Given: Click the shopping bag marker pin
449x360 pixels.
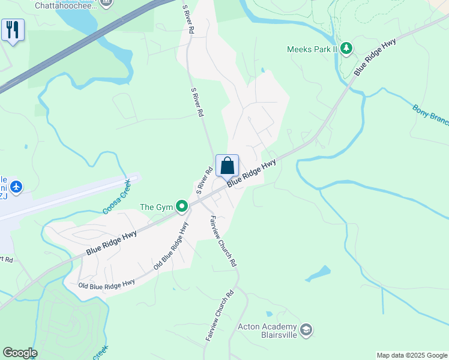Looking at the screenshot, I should pos(228,166).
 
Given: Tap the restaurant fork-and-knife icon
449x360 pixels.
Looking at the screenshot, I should pos(13,29).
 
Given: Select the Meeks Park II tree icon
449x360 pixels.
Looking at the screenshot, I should pos(346,49).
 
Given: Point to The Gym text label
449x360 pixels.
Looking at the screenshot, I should pos(156,207).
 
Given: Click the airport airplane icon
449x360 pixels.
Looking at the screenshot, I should pos(16,187).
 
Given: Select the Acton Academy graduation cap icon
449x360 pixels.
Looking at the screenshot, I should pos(306,331).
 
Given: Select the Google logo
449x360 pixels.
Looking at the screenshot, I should pos(20,353).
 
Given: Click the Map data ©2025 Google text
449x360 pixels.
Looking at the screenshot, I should pos(411,355).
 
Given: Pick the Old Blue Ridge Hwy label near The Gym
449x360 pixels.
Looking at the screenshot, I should pos(171,245).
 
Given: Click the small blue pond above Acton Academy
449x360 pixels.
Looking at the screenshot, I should pos(317,274).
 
